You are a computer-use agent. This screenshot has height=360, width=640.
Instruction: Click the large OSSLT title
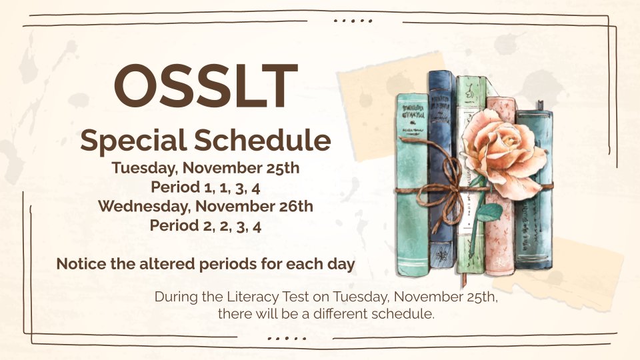point(205,87)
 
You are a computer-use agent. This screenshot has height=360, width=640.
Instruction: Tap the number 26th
point(295,206)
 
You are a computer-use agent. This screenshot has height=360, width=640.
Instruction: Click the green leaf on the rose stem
point(490,212)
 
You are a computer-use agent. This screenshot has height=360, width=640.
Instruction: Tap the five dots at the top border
point(353,21)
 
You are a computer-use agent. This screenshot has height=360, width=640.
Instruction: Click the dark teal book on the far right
point(535,220)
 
